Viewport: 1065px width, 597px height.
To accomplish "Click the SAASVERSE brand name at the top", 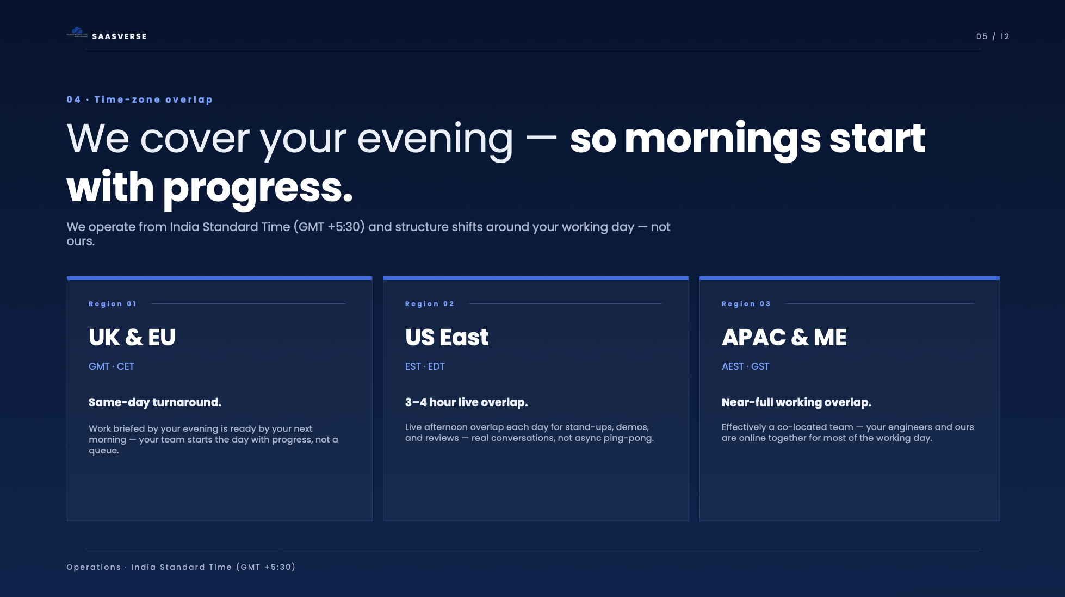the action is pos(119,36).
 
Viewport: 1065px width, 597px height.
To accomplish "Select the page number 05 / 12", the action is pos(993,36).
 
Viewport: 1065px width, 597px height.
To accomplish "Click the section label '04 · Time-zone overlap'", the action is pos(139,100).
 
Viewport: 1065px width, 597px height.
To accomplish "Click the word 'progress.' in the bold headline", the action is pos(258,188).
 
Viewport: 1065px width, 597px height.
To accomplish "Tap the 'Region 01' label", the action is pos(113,304).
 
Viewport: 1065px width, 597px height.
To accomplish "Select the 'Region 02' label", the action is pos(429,304).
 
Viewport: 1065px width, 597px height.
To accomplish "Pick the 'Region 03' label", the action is pos(746,304).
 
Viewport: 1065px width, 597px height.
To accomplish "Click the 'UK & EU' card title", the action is pos(132,338).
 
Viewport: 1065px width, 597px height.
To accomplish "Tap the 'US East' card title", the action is pos(447,338).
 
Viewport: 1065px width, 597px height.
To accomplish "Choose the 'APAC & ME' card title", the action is pos(784,338).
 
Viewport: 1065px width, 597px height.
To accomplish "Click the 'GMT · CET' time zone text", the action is pos(112,366).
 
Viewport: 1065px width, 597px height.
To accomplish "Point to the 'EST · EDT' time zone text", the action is pos(425,366).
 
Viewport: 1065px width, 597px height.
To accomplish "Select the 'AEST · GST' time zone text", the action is pos(745,366).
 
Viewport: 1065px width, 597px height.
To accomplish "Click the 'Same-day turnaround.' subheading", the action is pos(155,402).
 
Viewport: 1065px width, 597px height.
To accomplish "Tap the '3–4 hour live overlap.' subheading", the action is pos(466,402).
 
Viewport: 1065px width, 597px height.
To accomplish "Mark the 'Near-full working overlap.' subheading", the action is pos(796,402).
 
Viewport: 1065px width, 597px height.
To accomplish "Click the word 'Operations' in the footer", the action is pos(94,567).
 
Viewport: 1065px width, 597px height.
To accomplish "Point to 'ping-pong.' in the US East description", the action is pos(628,438).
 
